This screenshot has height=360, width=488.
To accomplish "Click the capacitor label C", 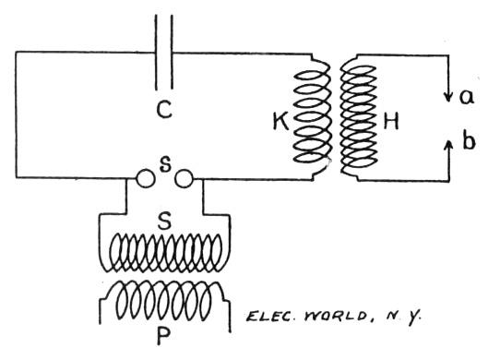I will coord(163,112).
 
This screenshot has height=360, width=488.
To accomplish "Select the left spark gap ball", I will coord(145,179).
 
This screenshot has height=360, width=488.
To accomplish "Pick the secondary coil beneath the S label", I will coord(165,251).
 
